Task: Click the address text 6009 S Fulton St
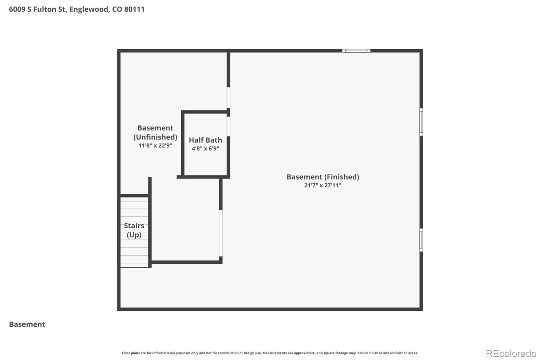[37, 9]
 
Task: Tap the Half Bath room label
[206, 140]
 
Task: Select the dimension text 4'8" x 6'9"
[206, 148]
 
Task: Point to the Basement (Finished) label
[323, 177]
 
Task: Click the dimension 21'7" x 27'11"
[323, 185]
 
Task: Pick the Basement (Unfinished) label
[155, 132]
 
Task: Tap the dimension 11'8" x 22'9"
[155, 146]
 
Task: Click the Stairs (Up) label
[134, 230]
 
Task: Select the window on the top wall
[356, 51]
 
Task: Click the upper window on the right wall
[421, 122]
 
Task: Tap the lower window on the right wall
[421, 240]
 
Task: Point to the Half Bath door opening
[228, 126]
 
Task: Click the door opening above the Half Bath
[228, 98]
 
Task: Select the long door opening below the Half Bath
[221, 233]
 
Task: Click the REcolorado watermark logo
[511, 354]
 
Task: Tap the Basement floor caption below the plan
[27, 324]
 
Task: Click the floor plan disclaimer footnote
[270, 353]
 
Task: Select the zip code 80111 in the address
[134, 9]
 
